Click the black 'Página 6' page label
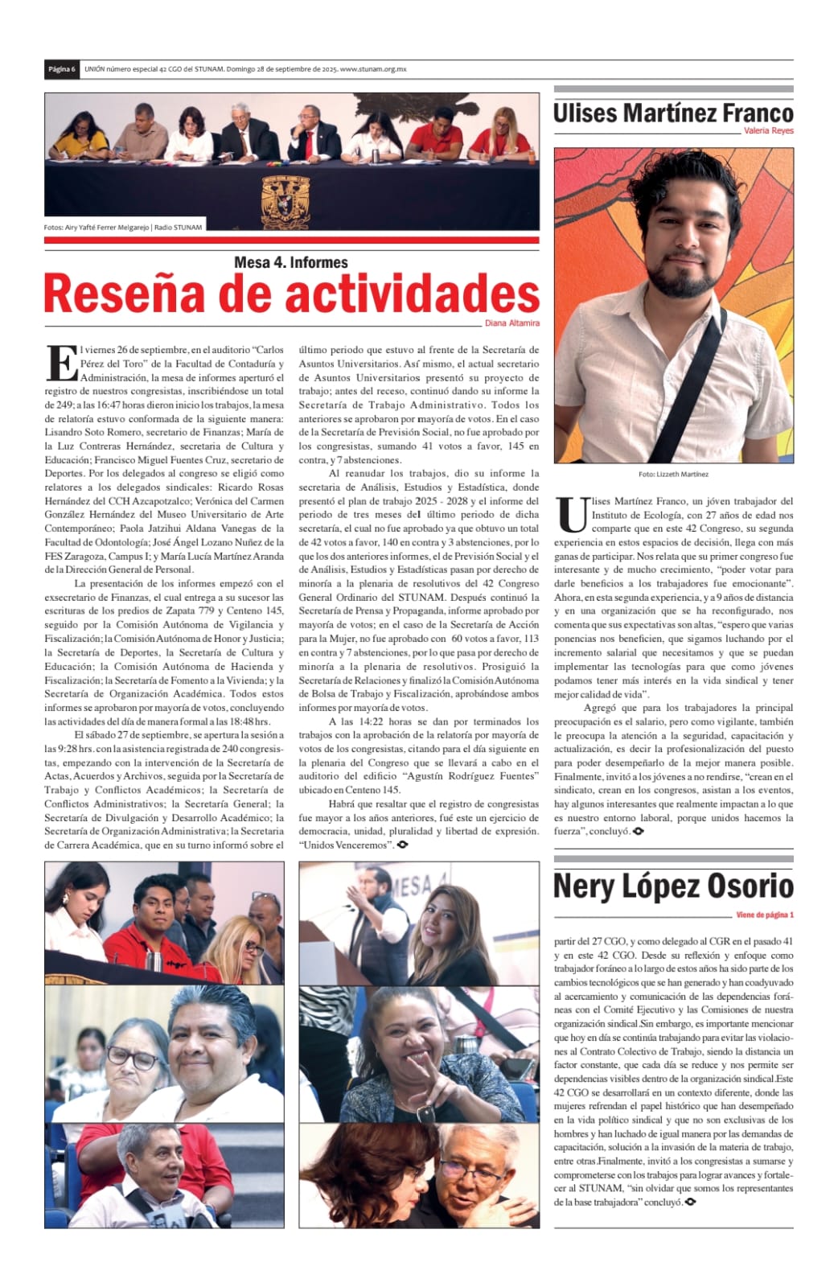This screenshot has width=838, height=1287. pos(61,69)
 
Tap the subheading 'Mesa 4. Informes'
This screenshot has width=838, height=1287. pos(290,262)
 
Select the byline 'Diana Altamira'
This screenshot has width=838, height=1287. pos(511,323)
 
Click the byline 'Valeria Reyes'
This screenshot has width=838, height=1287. pos(768,130)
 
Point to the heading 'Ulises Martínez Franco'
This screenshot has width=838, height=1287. pos(672,113)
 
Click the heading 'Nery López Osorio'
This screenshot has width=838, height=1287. pos(672,886)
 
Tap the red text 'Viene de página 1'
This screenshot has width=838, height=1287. pos(764,915)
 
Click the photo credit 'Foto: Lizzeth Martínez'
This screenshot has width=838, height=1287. pos(673,475)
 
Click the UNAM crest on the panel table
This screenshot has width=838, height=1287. pos(281,198)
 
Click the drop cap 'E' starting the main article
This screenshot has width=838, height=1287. pos(61,363)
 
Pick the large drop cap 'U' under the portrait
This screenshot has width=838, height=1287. pos(572,515)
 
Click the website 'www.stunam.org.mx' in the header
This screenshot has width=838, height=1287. pos(373,69)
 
